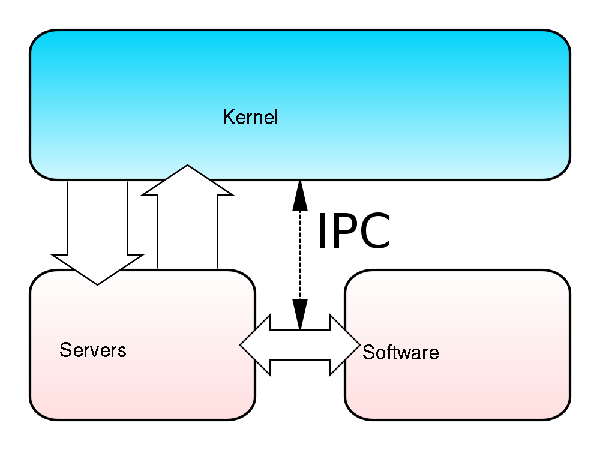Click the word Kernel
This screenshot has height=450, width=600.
[250, 117]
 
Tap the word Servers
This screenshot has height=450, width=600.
[93, 350]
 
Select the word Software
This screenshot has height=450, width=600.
[400, 352]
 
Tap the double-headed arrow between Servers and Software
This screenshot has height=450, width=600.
[300, 345]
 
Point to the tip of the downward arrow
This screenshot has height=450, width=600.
[97, 283]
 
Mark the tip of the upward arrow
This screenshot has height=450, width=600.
[188, 166]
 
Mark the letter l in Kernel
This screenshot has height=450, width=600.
[275, 116]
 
